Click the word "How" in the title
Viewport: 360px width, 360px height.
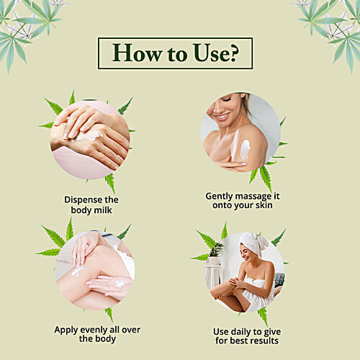point(137,53)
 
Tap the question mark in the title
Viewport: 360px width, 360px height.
point(233,53)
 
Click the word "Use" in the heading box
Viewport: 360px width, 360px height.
point(210,53)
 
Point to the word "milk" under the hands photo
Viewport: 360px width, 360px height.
point(103,210)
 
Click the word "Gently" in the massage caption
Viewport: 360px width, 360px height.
point(220,197)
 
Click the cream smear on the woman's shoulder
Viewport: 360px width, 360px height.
point(246,147)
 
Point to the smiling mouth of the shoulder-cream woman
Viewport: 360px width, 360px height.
point(222,117)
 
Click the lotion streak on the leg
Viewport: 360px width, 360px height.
point(77,271)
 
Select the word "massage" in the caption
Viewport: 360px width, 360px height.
point(253,197)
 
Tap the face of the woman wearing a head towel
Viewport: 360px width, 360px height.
point(246,253)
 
